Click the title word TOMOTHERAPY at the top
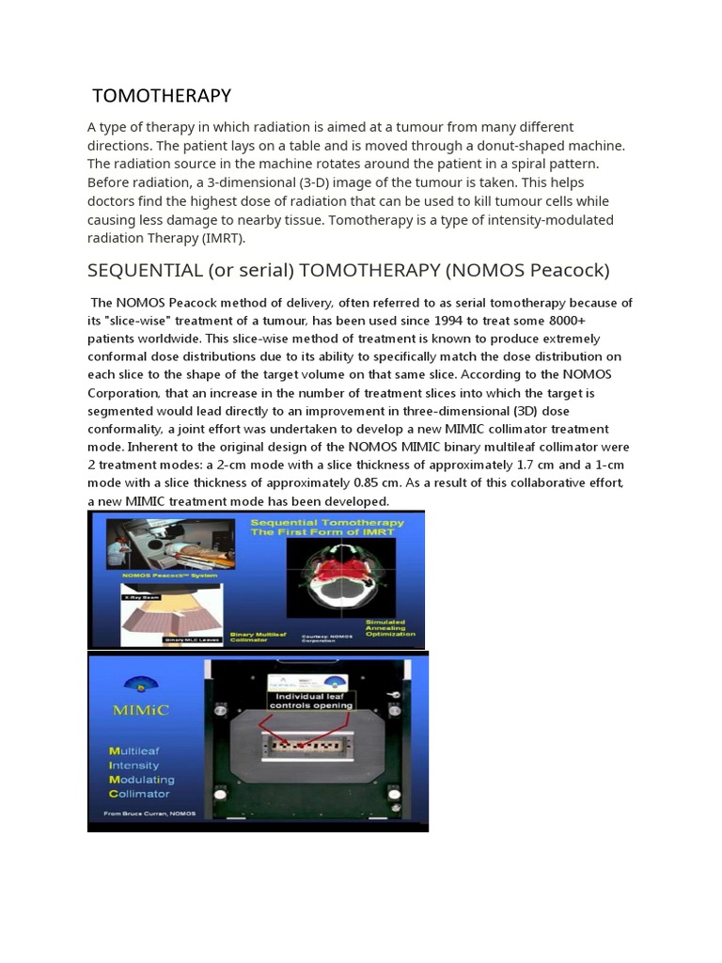pyautogui.click(x=162, y=96)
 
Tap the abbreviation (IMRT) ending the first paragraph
pyautogui.click(x=223, y=238)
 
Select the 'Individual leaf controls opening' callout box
pyautogui.click(x=311, y=700)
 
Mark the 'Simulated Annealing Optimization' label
pyautogui.click(x=389, y=628)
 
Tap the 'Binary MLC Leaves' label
pyautogui.click(x=185, y=639)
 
